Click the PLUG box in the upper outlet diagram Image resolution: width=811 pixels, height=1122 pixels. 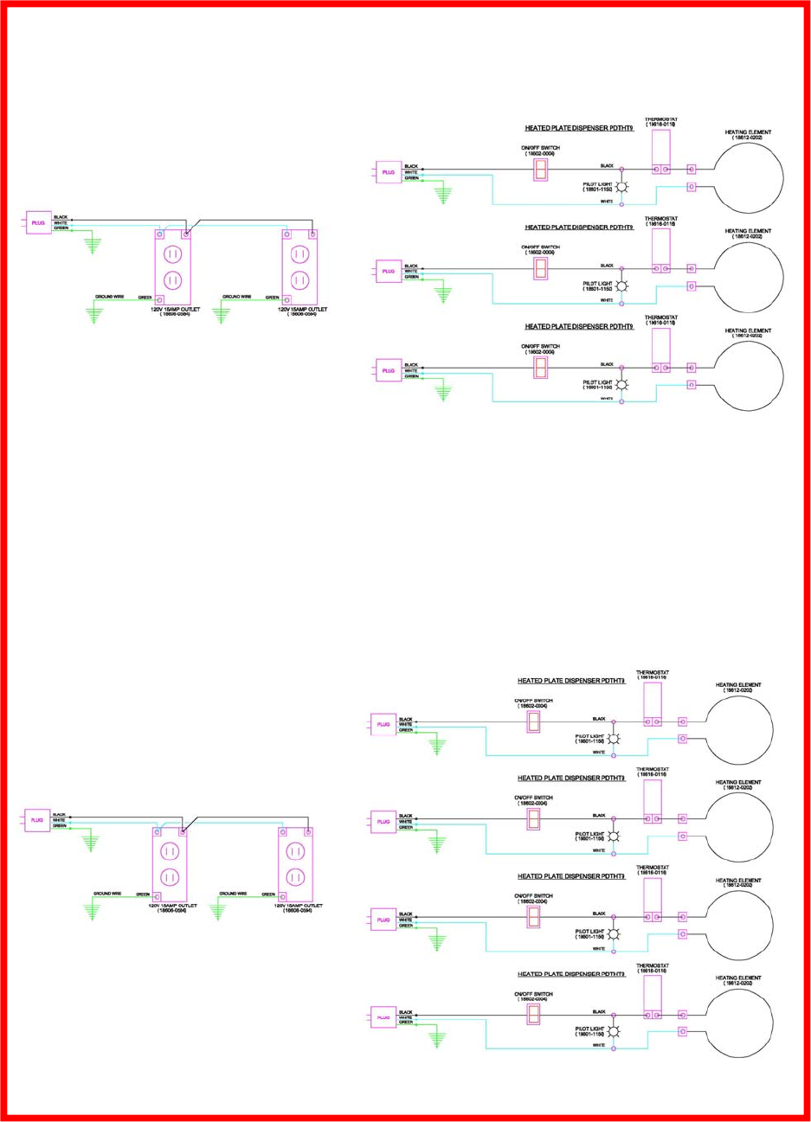coord(38,223)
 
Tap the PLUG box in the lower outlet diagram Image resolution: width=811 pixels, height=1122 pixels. coord(37,820)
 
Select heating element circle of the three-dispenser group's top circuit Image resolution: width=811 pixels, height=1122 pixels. coord(748,177)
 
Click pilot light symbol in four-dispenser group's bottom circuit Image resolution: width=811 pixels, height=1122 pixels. coord(614,1031)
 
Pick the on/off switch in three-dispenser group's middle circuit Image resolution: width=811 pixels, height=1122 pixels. coord(540,268)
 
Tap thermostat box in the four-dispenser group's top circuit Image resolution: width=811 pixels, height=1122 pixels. coord(652,704)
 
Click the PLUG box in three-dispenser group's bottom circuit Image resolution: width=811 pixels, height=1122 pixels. coord(389,370)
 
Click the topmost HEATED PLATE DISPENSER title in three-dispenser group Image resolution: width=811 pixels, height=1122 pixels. coord(579,128)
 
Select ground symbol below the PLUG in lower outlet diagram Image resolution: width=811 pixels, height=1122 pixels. coord(91,842)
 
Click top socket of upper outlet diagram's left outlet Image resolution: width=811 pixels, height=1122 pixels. coord(171,255)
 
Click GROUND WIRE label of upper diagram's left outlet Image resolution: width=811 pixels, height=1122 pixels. coord(109,297)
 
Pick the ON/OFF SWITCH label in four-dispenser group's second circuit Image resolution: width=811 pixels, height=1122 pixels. coord(533,798)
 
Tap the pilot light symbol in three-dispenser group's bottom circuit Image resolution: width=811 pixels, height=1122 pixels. coord(621,385)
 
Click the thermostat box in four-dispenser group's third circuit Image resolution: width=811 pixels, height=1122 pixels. coord(652,900)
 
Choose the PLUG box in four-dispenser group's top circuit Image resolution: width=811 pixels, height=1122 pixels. coord(383,724)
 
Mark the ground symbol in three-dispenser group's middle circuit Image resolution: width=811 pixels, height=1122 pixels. coord(444,295)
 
